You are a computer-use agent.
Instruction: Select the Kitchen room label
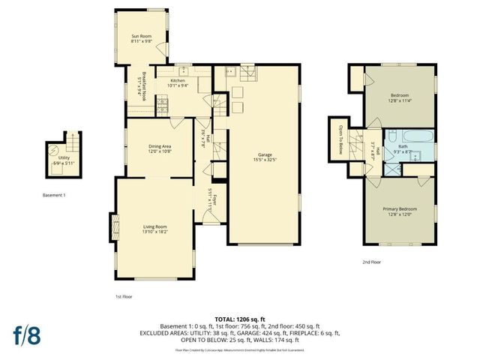click(178, 80)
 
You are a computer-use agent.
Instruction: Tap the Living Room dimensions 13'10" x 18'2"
click(154, 232)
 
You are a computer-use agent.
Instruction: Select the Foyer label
click(214, 199)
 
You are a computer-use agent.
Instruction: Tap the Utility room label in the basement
click(64, 157)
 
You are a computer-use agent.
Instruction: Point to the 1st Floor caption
click(124, 296)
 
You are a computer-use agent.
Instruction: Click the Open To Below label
click(340, 139)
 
